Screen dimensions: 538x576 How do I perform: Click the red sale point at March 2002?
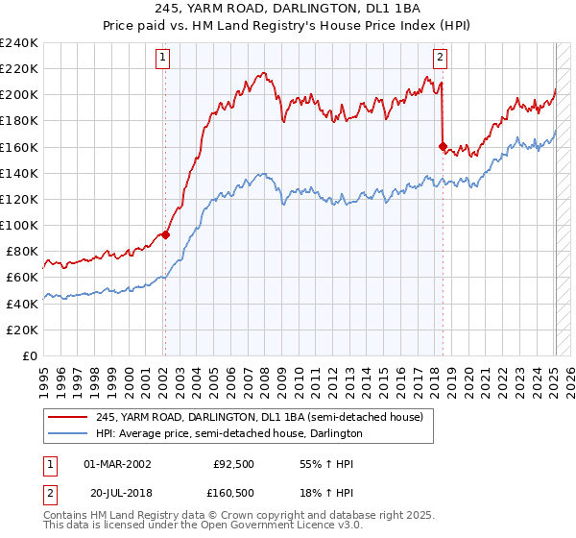165,233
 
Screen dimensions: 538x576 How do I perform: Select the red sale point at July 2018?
443,147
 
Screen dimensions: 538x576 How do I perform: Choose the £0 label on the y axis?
29,355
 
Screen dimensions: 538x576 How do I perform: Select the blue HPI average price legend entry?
228,433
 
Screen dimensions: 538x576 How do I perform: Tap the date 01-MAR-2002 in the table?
117,464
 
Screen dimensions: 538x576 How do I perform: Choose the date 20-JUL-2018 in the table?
117,493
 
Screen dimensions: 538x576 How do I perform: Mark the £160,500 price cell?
231,493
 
